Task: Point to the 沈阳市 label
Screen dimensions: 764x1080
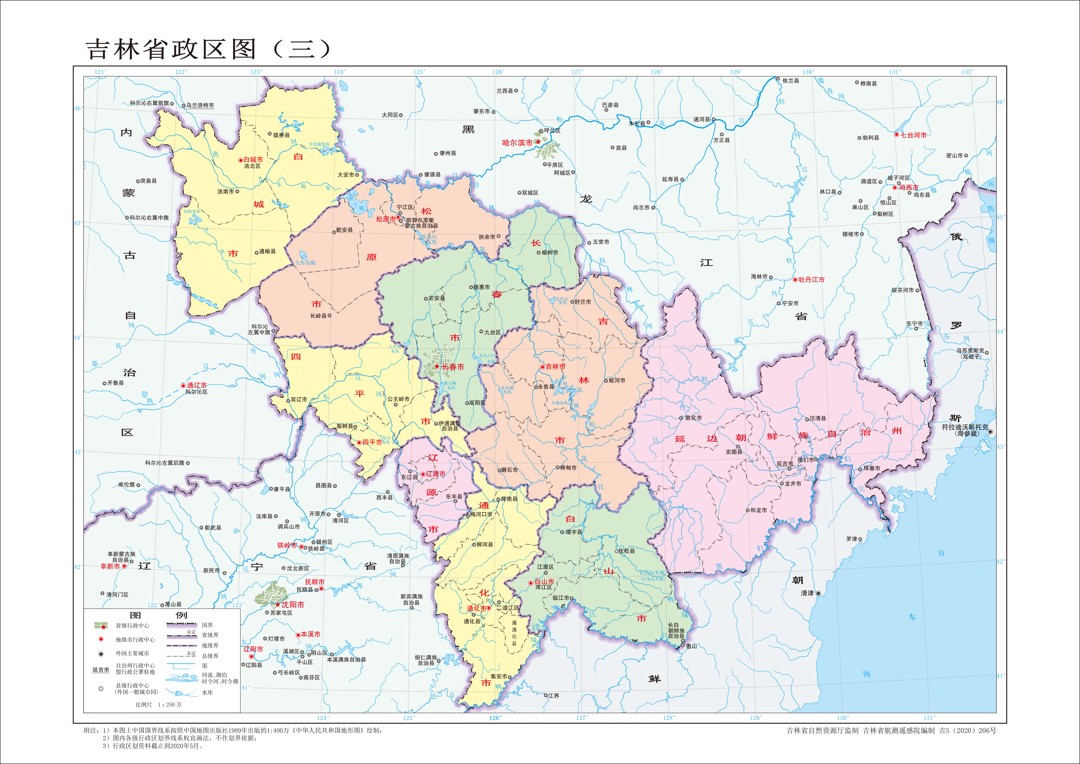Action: pyautogui.click(x=293, y=605)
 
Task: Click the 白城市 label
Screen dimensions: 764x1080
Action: pyautogui.click(x=253, y=159)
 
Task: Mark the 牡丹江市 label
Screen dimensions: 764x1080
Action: pyautogui.click(x=811, y=279)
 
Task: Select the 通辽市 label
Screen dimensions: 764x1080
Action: pyautogui.click(x=197, y=385)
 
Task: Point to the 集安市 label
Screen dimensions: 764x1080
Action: pyautogui.click(x=499, y=676)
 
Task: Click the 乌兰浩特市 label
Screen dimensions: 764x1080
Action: pyautogui.click(x=200, y=105)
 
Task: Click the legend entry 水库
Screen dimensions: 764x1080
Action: pyautogui.click(x=207, y=693)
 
